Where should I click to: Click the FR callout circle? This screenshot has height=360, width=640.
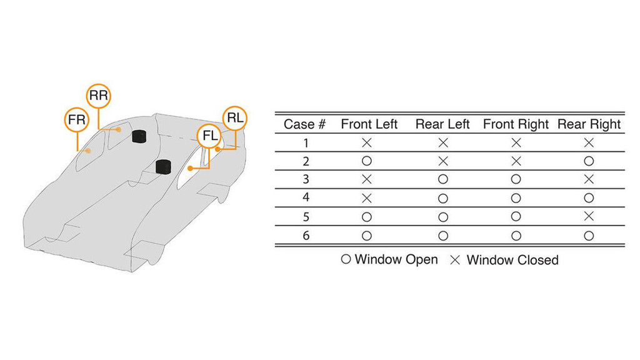click(x=76, y=120)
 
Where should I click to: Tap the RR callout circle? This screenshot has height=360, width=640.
click(x=98, y=96)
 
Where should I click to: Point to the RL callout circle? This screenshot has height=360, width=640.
click(x=235, y=119)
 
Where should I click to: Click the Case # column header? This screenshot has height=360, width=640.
click(x=304, y=124)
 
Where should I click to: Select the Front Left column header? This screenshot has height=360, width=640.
click(x=369, y=124)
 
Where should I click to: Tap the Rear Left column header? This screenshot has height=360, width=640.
click(x=442, y=124)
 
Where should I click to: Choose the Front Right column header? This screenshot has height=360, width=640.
click(x=516, y=124)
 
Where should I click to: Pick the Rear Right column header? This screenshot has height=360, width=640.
click(x=589, y=124)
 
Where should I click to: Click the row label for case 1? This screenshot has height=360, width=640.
click(x=306, y=143)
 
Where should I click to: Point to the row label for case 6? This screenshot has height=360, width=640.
click(x=306, y=236)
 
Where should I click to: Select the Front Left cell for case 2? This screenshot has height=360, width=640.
click(x=367, y=161)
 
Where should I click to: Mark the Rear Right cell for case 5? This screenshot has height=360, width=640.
click(x=588, y=217)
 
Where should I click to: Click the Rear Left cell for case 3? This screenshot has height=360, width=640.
click(x=442, y=180)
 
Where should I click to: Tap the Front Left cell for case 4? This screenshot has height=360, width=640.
click(x=367, y=199)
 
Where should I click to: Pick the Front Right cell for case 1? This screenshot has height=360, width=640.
click(x=516, y=143)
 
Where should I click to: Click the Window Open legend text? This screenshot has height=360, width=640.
click(x=396, y=259)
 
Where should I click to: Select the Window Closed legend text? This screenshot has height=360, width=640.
click(x=512, y=259)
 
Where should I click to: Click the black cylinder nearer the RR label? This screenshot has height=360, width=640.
click(x=139, y=136)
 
